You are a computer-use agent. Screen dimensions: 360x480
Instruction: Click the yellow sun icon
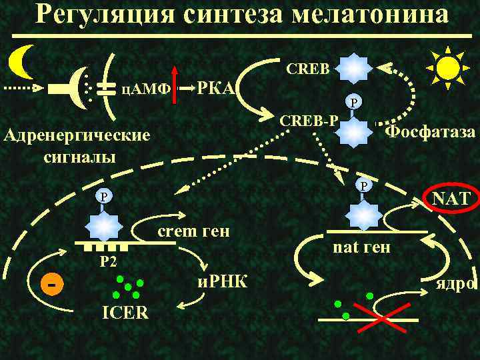(x=448, y=67)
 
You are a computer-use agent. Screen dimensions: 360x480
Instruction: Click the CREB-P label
(x=309, y=121)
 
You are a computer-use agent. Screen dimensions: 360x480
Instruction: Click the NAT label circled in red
(x=450, y=198)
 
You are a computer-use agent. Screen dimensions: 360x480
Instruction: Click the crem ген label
(x=193, y=231)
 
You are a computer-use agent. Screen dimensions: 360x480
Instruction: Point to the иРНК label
(x=222, y=283)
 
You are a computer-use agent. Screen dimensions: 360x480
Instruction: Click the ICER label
(x=125, y=312)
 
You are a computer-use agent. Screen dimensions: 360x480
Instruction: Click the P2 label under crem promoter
(x=108, y=261)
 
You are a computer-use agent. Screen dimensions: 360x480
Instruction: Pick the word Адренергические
(x=77, y=137)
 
